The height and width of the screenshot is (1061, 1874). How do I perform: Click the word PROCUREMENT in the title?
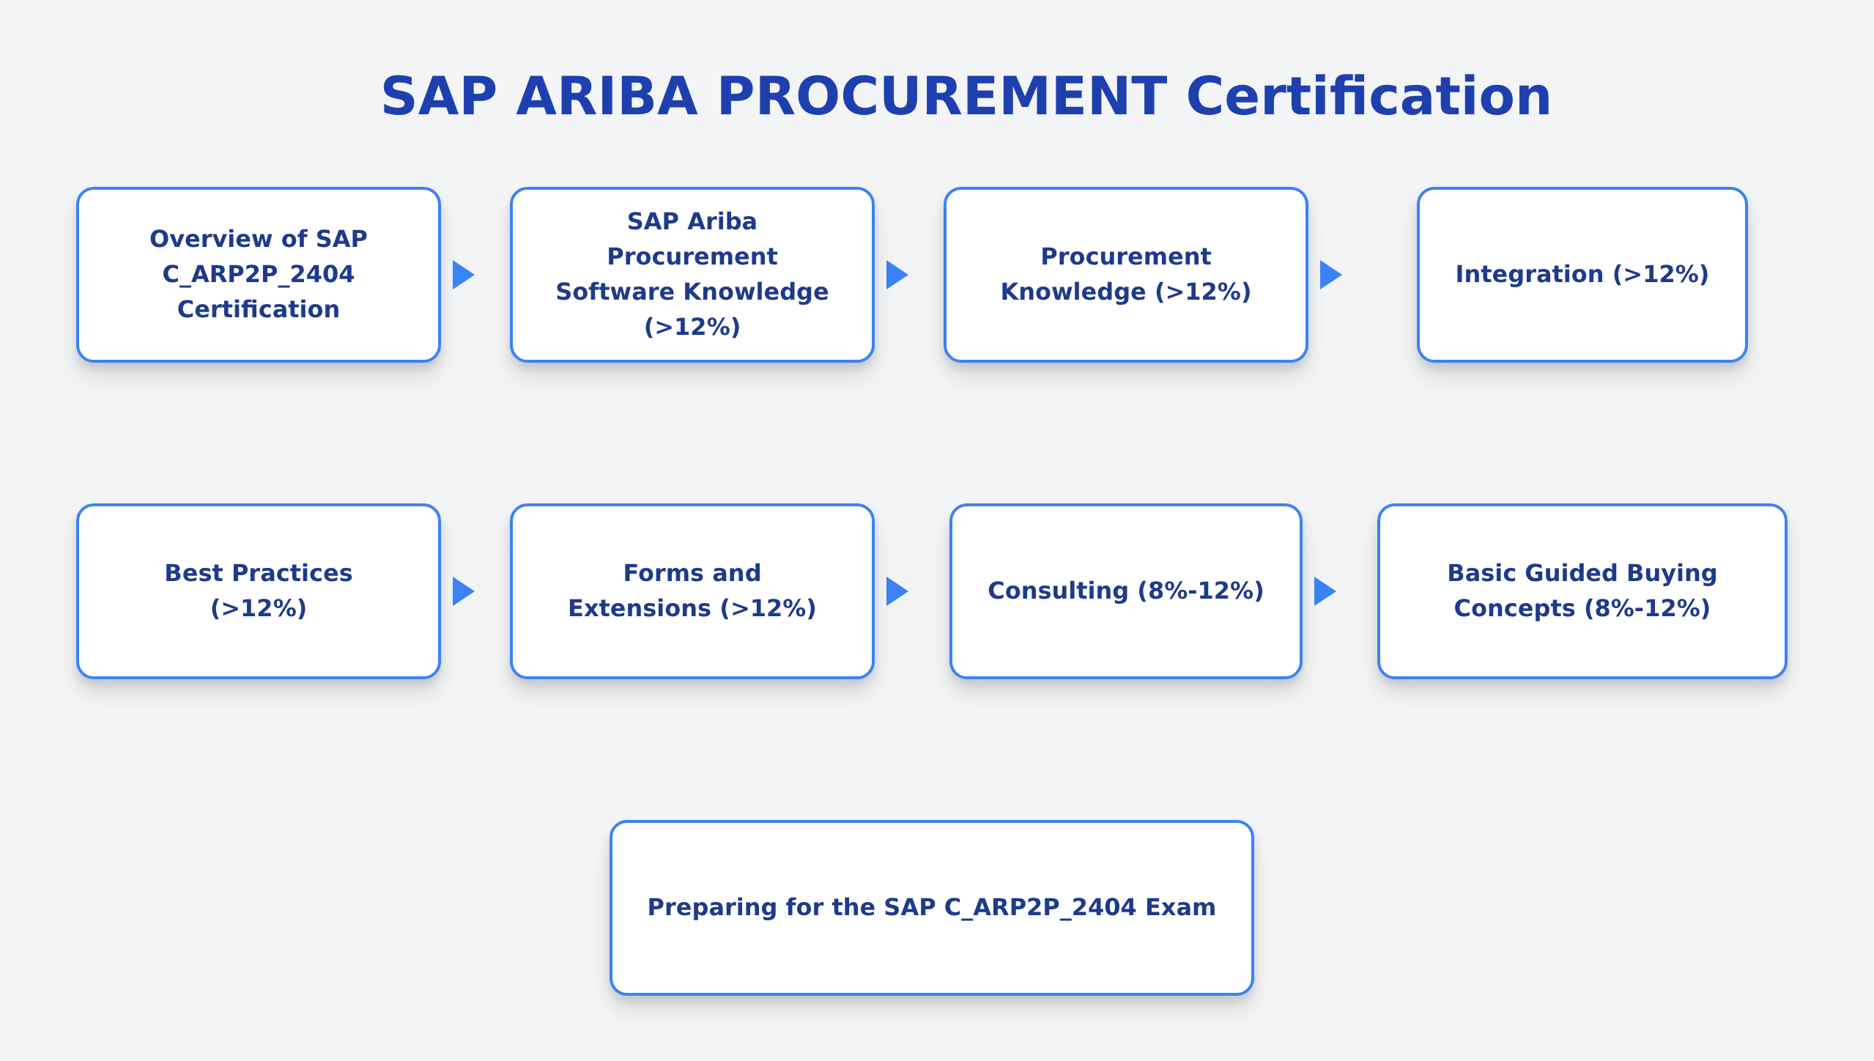point(942,97)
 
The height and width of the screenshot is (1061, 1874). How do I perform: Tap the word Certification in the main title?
point(1368,97)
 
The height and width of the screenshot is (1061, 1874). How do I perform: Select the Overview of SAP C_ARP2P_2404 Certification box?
point(259,275)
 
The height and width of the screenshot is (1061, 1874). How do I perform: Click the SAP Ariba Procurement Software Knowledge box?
point(692,275)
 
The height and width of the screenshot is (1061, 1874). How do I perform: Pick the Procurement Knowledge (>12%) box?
point(1126,275)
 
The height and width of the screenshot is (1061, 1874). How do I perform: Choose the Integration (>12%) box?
point(1582,275)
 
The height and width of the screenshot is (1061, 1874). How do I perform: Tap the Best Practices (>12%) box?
point(259,591)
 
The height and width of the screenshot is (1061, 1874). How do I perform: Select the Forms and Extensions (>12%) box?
point(692,591)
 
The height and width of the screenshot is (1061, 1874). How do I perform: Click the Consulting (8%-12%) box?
point(1126,591)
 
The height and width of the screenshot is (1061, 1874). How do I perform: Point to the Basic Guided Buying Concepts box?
point(1582,591)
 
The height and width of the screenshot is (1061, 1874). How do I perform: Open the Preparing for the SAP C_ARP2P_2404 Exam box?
point(931,908)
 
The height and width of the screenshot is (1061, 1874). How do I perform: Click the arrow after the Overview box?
point(463,275)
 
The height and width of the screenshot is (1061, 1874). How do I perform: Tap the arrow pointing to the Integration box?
point(1330,275)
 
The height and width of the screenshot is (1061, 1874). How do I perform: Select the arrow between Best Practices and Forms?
point(463,591)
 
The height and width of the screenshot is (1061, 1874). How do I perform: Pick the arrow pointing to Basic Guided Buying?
point(1325,591)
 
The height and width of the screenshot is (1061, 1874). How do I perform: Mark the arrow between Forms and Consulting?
point(897,591)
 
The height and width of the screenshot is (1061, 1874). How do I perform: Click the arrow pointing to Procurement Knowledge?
point(897,275)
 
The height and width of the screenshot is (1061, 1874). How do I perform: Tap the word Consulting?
point(1058,591)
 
